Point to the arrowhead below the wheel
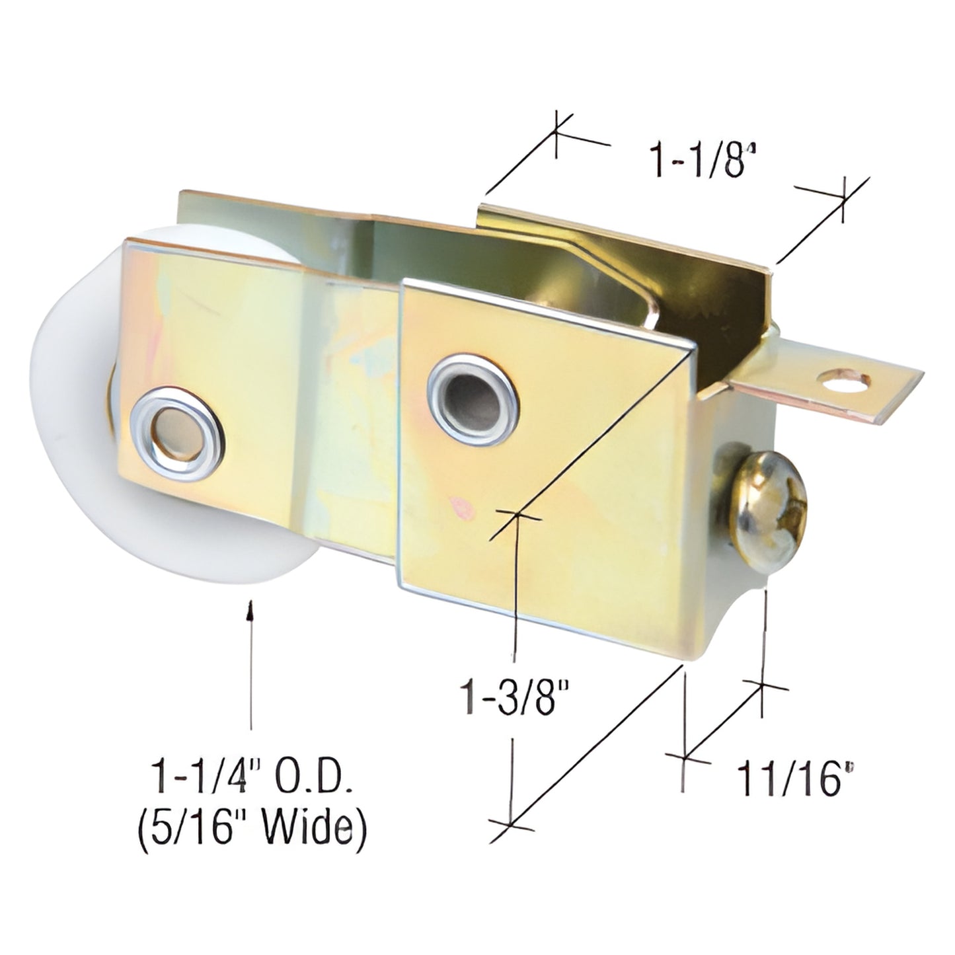[x=250, y=611]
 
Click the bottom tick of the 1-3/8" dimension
[x=512, y=824]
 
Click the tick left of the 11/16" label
[x=683, y=757]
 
